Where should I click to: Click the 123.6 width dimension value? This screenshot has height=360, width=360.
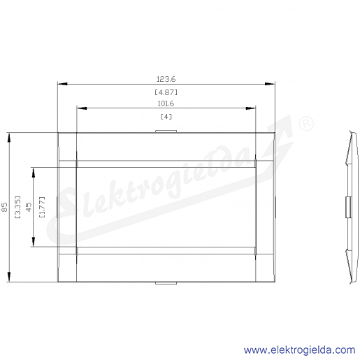tap(166, 79)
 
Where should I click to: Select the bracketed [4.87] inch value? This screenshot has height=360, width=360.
tap(166, 92)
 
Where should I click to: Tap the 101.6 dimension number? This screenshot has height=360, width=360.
tap(166, 103)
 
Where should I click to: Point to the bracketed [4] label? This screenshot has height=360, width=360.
tap(166, 117)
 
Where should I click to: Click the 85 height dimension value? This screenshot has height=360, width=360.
tap(5, 207)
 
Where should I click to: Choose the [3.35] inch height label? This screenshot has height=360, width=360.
tap(17, 207)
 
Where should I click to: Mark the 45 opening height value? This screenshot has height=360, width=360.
tap(29, 207)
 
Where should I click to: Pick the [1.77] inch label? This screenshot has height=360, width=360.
tap(42, 207)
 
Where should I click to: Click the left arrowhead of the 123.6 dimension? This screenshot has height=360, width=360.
tap(62, 84)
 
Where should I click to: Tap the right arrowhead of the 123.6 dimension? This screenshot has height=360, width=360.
tap(270, 84)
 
